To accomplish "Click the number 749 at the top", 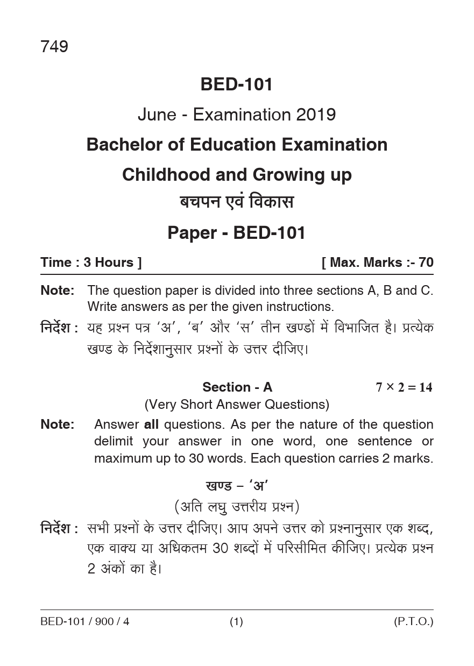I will pyautogui.click(x=54, y=47).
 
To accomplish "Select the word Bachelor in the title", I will pyautogui.click(x=121, y=145).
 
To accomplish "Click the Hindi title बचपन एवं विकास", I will pyautogui.click(x=237, y=203).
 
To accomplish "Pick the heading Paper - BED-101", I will pyautogui.click(x=237, y=233).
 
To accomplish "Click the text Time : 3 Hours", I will pyautogui.click(x=91, y=263).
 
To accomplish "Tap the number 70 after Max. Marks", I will pyautogui.click(x=426, y=263).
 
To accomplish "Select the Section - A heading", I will pyautogui.click(x=237, y=387).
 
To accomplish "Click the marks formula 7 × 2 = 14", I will pyautogui.click(x=404, y=387).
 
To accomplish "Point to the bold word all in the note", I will pyautogui.click(x=151, y=424).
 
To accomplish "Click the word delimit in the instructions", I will pyautogui.click(x=114, y=442).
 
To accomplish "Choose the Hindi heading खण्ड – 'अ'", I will pyautogui.click(x=237, y=486).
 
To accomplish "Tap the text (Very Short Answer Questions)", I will pyautogui.click(x=237, y=404).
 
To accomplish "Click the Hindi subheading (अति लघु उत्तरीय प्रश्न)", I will pyautogui.click(x=237, y=507).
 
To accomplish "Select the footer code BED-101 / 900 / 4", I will pyautogui.click(x=84, y=622).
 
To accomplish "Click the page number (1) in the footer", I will pyautogui.click(x=237, y=622).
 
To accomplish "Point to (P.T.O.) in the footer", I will pyautogui.click(x=413, y=622).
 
